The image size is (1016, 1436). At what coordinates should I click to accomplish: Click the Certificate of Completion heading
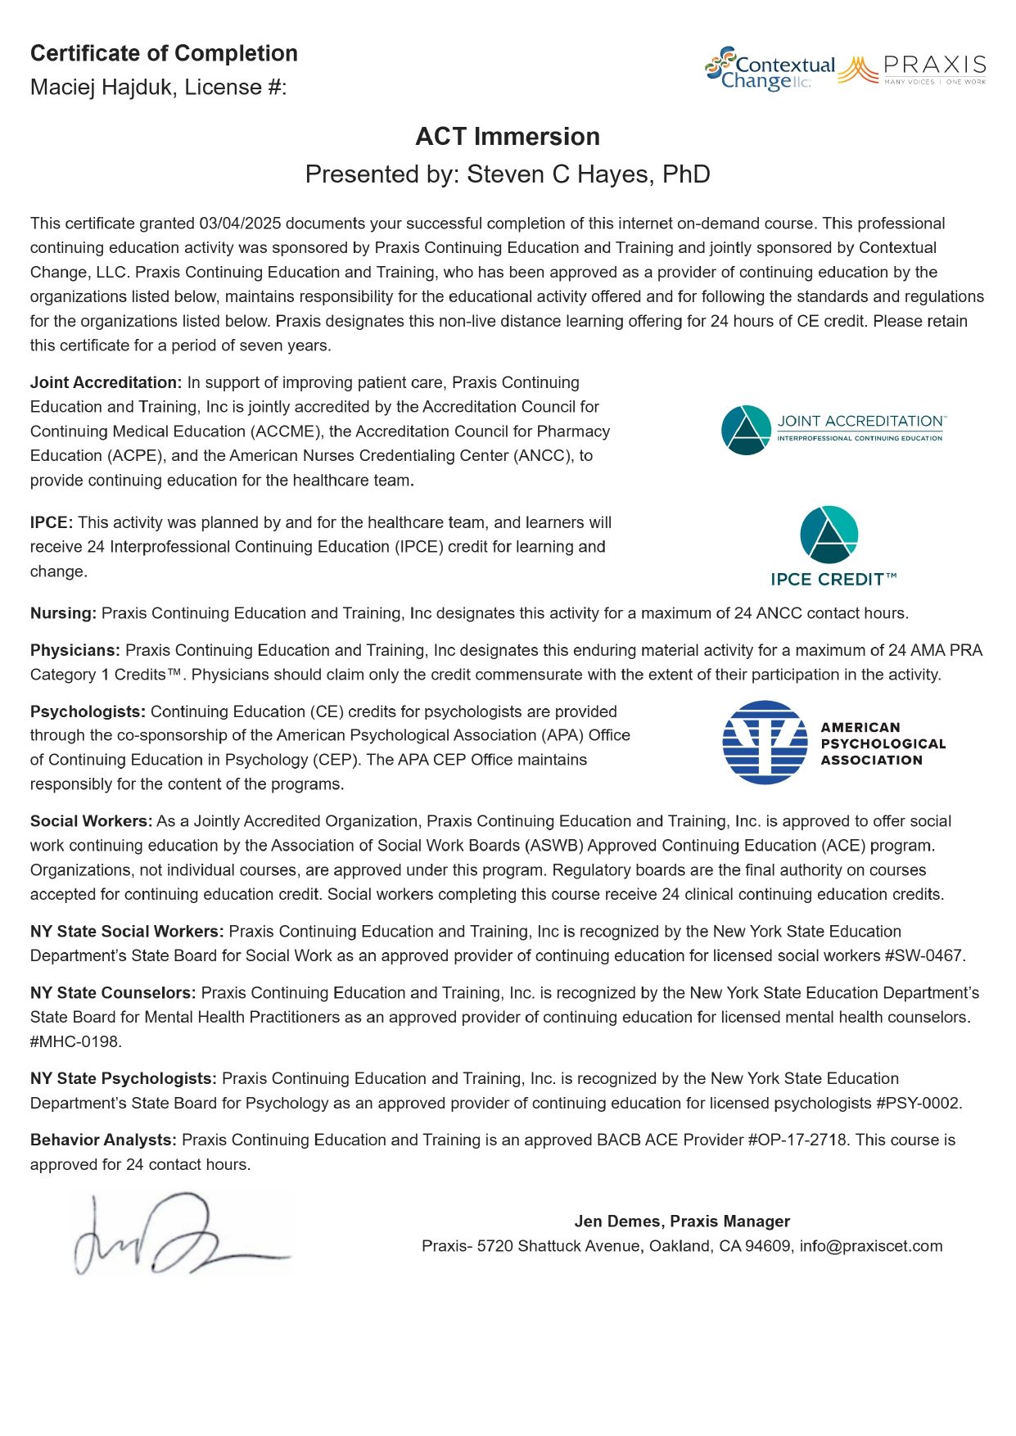click(164, 53)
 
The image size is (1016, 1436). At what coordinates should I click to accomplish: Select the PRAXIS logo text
click(934, 65)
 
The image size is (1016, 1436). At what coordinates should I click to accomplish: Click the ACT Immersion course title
click(508, 136)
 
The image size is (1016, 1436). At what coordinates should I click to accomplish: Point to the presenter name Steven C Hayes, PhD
click(588, 174)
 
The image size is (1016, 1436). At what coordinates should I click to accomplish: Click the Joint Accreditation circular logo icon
click(746, 430)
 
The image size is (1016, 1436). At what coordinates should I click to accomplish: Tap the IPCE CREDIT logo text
click(833, 580)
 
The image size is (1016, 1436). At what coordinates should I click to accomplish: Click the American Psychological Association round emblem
click(765, 743)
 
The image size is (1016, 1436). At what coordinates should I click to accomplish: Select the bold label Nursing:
click(63, 613)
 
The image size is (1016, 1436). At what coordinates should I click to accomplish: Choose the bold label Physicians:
click(75, 650)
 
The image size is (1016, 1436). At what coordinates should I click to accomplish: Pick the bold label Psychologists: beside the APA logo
click(88, 711)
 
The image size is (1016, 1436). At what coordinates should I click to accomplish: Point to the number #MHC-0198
click(75, 1041)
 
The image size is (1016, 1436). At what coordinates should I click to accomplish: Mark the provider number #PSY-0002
click(918, 1103)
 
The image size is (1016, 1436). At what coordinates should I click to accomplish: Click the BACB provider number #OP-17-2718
click(797, 1140)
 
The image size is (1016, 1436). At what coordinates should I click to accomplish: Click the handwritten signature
click(180, 1234)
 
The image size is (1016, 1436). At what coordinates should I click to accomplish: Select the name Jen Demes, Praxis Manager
click(682, 1222)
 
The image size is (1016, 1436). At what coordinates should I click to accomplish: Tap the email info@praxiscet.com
click(871, 1246)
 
